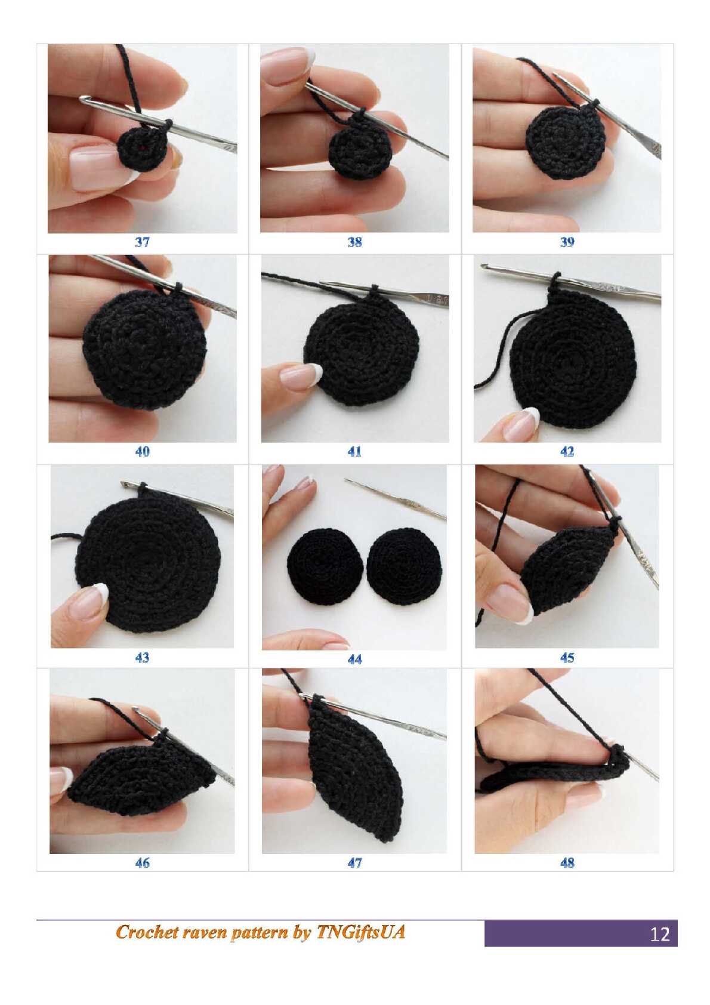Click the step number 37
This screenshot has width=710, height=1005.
[142, 242]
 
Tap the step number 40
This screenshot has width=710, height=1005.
[142, 452]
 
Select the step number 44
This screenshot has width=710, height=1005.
[354, 659]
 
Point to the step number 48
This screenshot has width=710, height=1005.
[567, 863]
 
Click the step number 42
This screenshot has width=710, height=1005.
[567, 452]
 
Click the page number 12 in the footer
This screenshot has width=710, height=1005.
[659, 934]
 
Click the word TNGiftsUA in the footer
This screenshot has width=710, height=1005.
[360, 932]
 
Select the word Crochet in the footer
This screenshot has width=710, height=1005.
[144, 932]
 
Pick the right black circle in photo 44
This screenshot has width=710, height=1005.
[404, 566]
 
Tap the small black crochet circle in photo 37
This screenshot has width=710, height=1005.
[143, 149]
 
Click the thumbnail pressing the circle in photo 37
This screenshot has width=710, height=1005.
[95, 168]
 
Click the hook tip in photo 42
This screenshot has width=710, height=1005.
[484, 267]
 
